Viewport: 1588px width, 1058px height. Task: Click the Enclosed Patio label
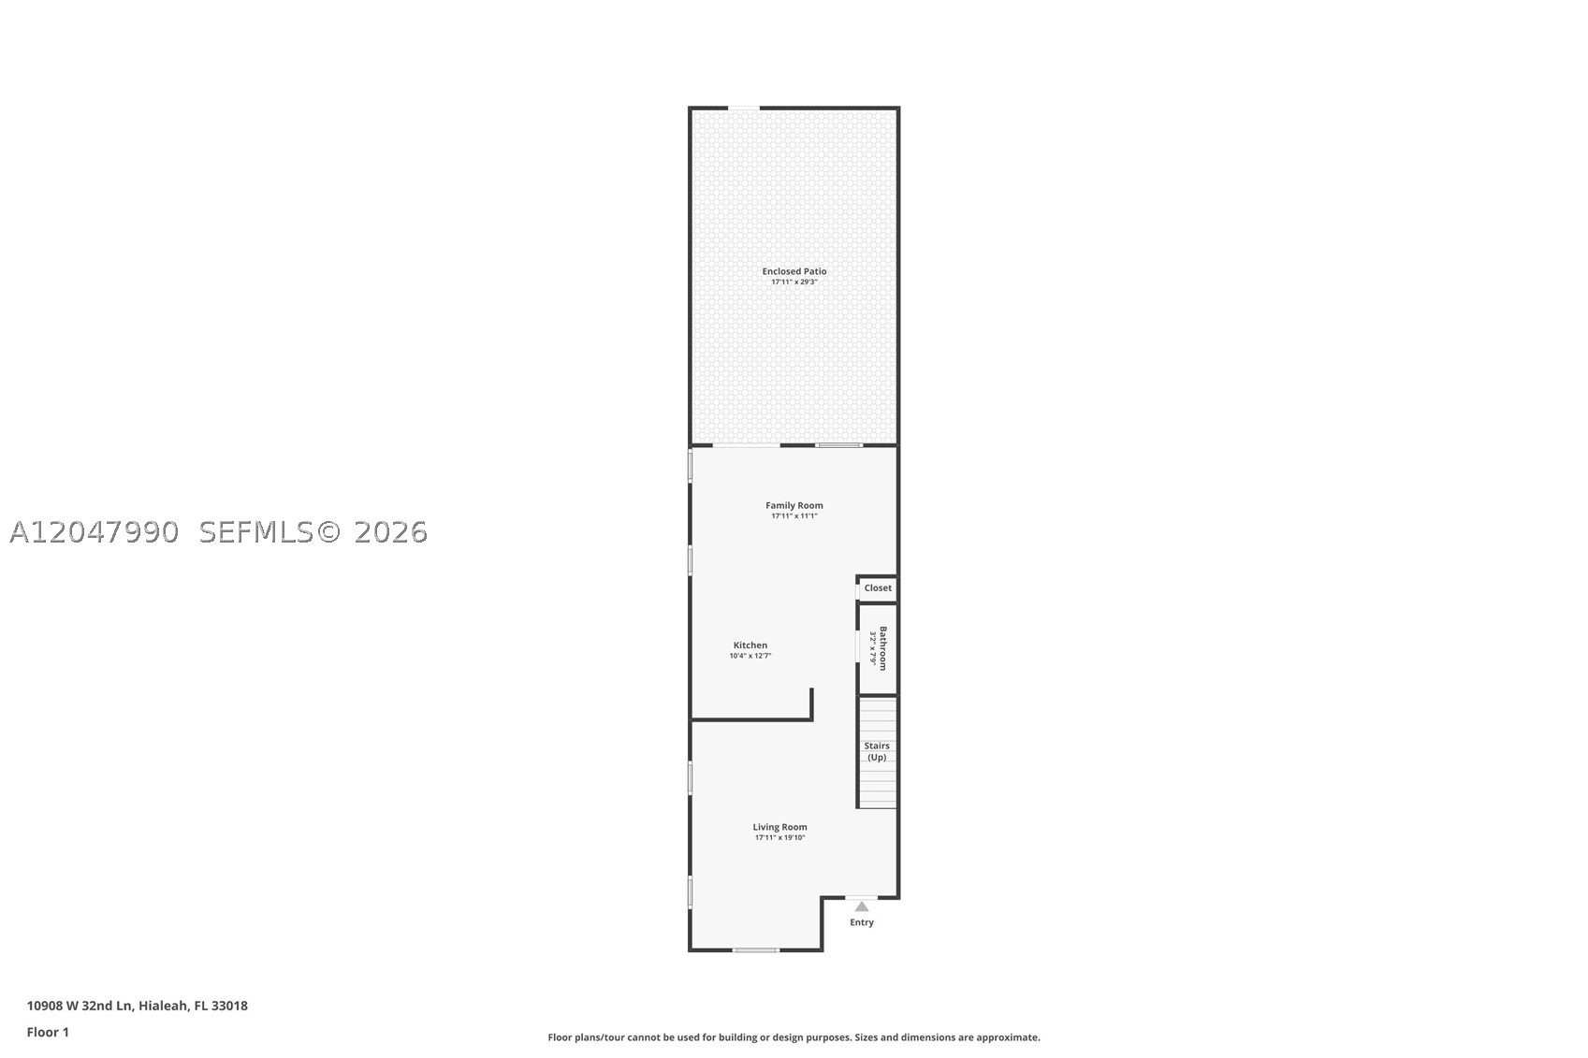pos(794,271)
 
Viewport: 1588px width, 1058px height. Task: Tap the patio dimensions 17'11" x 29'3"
pos(794,282)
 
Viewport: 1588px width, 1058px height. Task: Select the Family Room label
pos(794,505)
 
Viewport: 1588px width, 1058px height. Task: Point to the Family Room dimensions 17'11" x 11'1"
pos(794,515)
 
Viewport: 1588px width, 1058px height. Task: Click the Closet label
pos(878,587)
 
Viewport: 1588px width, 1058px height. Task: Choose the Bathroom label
pos(882,647)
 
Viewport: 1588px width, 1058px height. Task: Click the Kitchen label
pos(750,645)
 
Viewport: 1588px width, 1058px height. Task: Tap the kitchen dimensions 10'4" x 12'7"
pos(750,656)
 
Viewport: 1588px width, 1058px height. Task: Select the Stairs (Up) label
pos(877,751)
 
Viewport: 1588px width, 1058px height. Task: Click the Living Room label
pos(779,827)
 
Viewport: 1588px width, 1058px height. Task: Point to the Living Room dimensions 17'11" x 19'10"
pos(779,837)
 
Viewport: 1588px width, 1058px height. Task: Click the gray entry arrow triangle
pos(861,906)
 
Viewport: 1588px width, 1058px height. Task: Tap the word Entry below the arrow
pos(861,922)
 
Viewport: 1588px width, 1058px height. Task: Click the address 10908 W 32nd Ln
pos(80,1006)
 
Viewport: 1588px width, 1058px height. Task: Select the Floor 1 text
pos(48,1033)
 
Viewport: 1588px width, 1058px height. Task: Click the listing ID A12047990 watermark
pos(94,532)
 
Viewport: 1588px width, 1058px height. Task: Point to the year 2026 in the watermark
pos(390,532)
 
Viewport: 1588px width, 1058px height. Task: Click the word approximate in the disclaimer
pos(1008,1037)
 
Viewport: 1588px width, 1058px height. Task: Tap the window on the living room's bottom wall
pos(756,949)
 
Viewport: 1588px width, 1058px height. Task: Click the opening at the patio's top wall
pos(744,108)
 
